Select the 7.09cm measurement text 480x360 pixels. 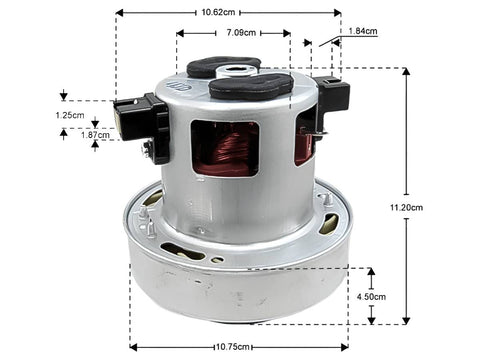pos(240,32)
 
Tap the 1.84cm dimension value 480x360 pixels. pos(362,32)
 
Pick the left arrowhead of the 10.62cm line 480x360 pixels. pos(119,13)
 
